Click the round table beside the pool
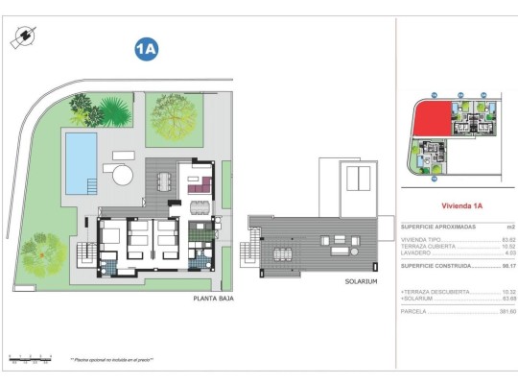click(120, 174)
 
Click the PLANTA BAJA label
click(213, 299)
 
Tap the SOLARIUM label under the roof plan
click(360, 281)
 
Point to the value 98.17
click(495, 265)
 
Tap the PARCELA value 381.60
click(494, 311)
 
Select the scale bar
click(29, 360)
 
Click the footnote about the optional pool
click(111, 360)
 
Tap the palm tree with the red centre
click(44, 255)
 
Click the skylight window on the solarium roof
click(360, 179)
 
